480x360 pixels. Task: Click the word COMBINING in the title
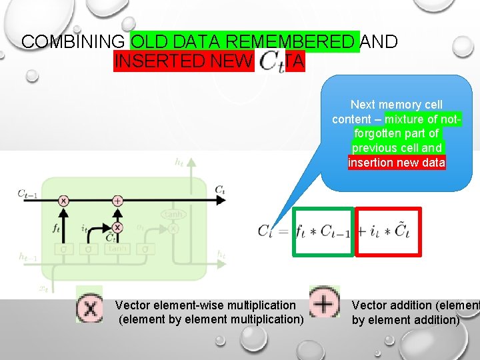[x=73, y=41]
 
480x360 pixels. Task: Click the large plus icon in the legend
[x=324, y=304]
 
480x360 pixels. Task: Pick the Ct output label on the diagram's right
[x=219, y=190]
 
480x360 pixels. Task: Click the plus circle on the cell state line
[x=117, y=200]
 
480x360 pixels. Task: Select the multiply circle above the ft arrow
[x=64, y=200]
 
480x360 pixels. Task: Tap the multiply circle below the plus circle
[x=117, y=227]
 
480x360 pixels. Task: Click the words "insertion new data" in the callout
[x=397, y=163]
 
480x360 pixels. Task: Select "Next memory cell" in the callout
[x=397, y=105]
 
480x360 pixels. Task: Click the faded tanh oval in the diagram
[x=173, y=214]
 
